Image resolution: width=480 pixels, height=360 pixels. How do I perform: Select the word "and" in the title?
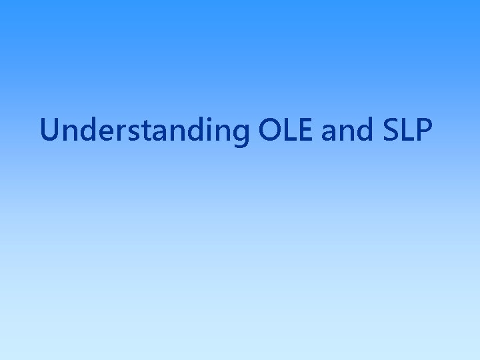click(x=342, y=130)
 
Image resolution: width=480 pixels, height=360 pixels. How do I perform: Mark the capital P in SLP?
click(x=423, y=129)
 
